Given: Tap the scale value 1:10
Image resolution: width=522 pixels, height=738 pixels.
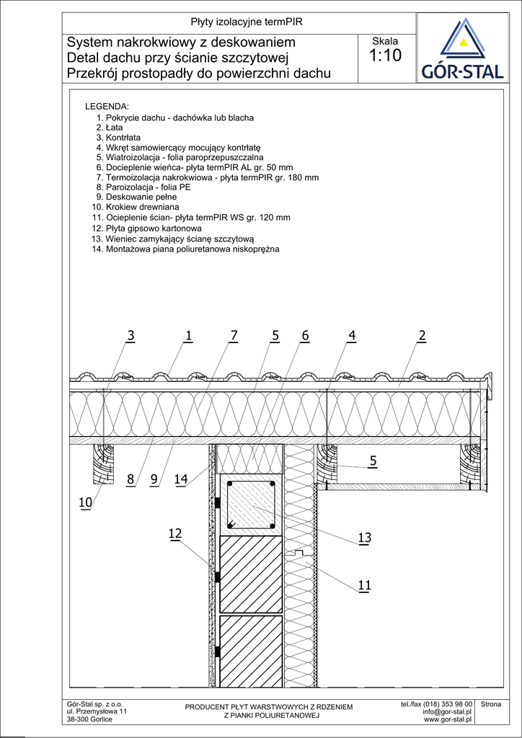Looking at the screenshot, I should click(x=385, y=56).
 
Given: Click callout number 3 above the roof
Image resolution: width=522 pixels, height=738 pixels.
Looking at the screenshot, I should click(x=130, y=335).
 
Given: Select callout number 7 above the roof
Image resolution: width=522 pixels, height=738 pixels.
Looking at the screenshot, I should click(x=234, y=335).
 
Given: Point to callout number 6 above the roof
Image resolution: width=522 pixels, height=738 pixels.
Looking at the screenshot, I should click(x=305, y=335).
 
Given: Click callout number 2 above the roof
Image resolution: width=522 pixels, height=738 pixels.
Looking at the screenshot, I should click(x=422, y=335).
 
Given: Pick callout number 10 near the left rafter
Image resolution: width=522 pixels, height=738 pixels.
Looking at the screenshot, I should click(x=85, y=503).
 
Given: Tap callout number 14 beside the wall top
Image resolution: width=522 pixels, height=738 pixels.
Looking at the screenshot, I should click(x=182, y=479).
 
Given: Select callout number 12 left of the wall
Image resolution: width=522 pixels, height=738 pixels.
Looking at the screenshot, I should click(x=174, y=533).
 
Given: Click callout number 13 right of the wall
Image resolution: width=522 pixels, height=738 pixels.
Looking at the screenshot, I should click(x=364, y=538).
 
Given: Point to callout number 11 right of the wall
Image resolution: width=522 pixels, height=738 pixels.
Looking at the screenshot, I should click(x=364, y=586).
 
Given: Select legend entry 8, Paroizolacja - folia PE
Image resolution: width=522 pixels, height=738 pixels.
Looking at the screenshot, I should click(x=139, y=187).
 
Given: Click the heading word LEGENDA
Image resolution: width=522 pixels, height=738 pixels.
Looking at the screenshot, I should click(x=107, y=107).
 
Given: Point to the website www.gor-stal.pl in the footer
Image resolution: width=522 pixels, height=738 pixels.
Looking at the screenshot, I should click(x=447, y=719).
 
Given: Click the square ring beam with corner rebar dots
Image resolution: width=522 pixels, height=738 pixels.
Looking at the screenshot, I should click(x=252, y=504).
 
